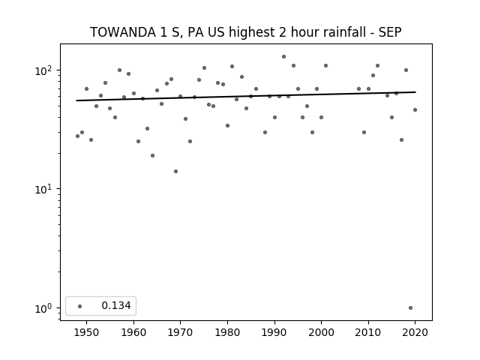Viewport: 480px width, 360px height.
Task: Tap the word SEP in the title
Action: pos(390,32)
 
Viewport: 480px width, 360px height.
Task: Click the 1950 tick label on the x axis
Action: pos(87,332)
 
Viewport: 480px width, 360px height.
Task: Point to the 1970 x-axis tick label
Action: pos(180,332)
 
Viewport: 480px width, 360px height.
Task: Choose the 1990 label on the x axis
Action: pos(274,332)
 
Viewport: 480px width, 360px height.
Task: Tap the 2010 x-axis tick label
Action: pos(368,332)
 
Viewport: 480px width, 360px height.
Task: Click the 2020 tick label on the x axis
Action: pos(415,332)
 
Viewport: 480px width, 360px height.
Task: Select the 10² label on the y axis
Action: pos(46,70)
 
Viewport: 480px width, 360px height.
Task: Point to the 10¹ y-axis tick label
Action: pos(46,190)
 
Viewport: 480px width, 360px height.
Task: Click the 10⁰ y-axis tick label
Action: pos(46,308)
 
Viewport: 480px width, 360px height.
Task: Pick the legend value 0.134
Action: pos(116,305)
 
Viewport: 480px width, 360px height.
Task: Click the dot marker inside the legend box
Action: pos(80,306)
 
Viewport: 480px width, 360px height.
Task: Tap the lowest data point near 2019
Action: pos(410,308)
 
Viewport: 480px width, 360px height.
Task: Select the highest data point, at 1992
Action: pos(283,57)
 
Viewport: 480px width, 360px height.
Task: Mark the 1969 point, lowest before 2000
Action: pos(175,172)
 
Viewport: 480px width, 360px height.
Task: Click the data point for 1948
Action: pos(77,136)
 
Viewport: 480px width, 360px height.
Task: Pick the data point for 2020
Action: pos(415,110)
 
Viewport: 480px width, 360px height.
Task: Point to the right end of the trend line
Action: pos(415,91)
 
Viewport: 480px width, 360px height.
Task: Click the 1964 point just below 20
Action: pos(152,156)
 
